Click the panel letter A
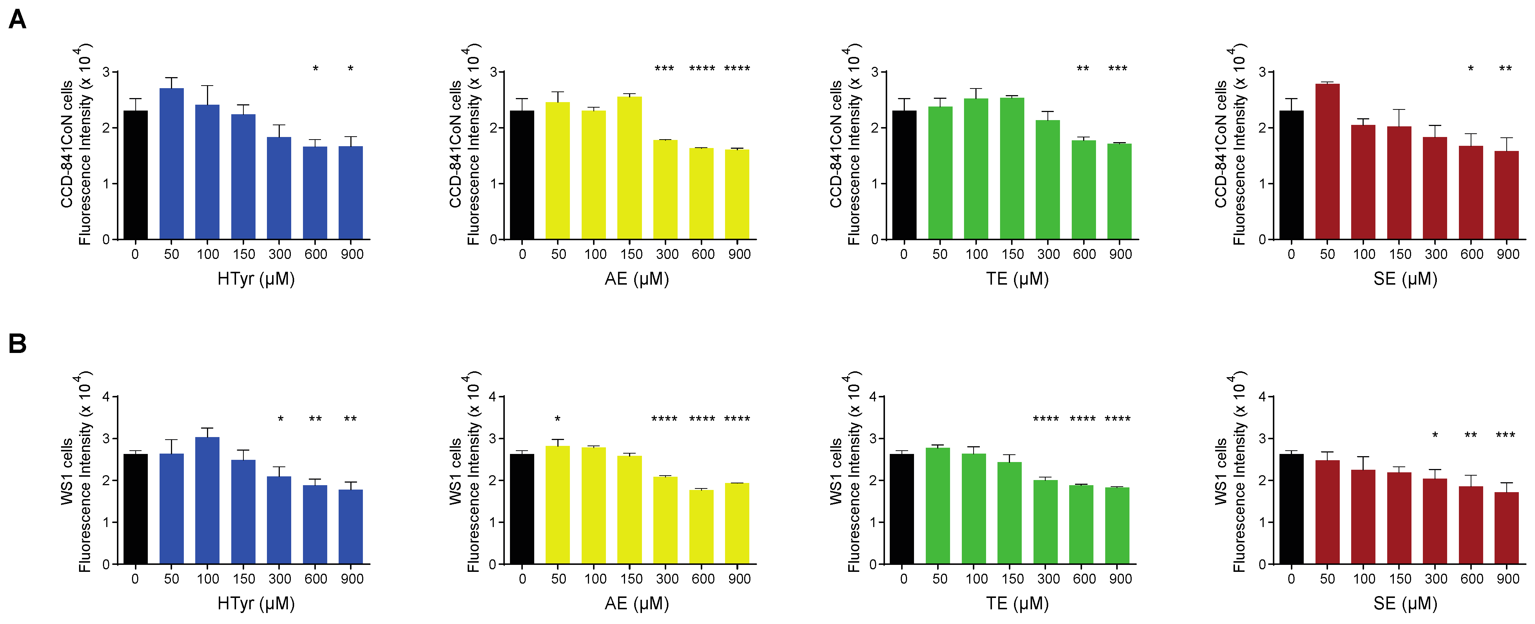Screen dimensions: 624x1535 17,19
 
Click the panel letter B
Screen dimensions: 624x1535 17,343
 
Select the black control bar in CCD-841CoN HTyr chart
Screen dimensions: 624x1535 135,175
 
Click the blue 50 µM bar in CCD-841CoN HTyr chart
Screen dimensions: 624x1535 172,164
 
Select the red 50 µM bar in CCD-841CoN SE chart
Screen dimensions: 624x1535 1327,161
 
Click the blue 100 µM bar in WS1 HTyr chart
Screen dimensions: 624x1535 207,500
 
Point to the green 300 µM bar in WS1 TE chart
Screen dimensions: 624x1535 1045,522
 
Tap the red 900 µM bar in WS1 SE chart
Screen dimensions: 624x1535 1506,527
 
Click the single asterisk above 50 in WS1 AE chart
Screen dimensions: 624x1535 558,419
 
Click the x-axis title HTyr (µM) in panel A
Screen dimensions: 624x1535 256,279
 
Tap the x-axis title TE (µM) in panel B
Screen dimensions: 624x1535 1017,603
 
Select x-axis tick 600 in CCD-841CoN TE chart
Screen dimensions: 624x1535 1084,254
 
